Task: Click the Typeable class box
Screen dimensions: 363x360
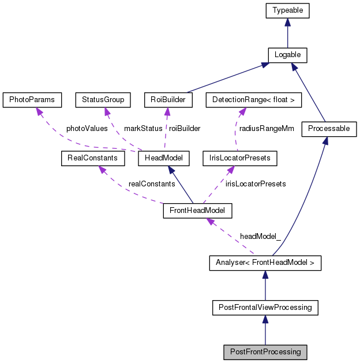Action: click(x=288, y=10)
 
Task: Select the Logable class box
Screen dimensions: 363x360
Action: click(x=287, y=55)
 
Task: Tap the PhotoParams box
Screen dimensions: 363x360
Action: click(x=32, y=100)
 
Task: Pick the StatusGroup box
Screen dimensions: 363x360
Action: click(x=103, y=100)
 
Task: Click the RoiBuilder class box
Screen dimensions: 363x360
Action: click(x=167, y=100)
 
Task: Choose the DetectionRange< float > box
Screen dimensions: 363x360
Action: click(x=253, y=100)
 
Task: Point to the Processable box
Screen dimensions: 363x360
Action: click(x=329, y=129)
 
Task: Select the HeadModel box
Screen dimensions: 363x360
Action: click(x=168, y=158)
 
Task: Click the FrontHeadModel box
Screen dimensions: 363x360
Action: click(x=197, y=211)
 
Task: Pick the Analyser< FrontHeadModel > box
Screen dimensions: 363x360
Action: click(x=265, y=264)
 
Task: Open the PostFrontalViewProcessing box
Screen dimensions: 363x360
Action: click(x=265, y=308)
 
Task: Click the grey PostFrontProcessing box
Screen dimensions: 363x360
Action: click(x=265, y=351)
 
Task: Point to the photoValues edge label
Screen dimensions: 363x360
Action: click(x=87, y=129)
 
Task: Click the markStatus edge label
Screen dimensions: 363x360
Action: click(x=143, y=129)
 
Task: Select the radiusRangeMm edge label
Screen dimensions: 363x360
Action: click(x=267, y=129)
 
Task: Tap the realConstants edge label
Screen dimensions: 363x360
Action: click(x=152, y=184)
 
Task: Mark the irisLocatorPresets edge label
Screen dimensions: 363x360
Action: click(x=256, y=184)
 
